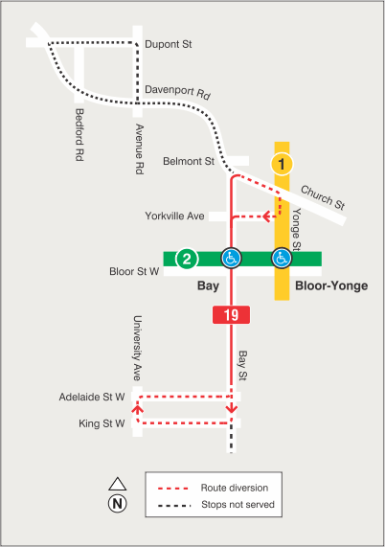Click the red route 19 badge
(231, 314)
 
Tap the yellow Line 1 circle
(282, 163)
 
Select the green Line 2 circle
(188, 258)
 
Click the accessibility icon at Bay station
(231, 258)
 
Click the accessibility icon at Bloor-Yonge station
(282, 258)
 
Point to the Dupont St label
(168, 44)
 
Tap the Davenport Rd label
(177, 93)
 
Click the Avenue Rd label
(138, 148)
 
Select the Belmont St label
(188, 161)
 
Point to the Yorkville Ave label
(175, 217)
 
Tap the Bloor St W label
(134, 272)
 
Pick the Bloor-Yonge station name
(331, 286)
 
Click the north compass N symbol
(118, 502)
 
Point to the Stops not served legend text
(238, 504)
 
